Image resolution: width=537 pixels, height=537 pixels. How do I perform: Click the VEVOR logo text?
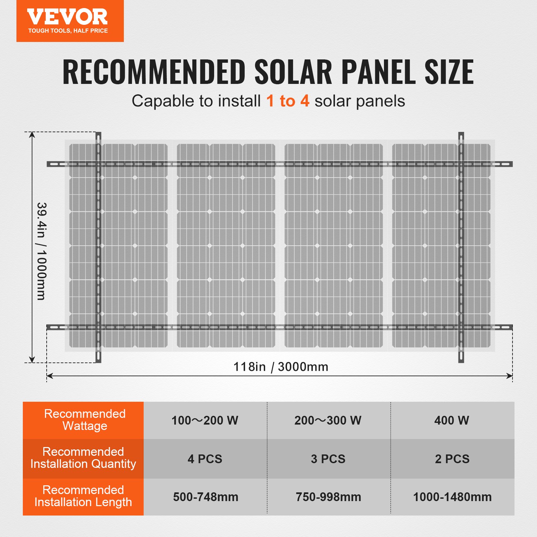tap(67, 17)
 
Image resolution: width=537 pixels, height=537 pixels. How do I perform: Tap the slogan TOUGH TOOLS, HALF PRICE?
tap(68, 31)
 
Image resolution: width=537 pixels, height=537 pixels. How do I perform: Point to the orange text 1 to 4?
tap(288, 101)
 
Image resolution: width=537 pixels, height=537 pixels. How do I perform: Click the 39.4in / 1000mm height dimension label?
tap(42, 251)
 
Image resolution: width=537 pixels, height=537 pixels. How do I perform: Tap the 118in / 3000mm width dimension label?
tap(281, 367)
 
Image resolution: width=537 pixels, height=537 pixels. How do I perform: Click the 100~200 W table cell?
tap(205, 421)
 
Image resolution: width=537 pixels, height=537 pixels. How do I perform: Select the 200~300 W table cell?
tap(328, 421)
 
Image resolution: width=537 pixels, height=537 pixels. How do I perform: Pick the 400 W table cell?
tap(452, 421)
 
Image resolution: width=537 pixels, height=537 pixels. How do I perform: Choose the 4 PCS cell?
tap(205, 459)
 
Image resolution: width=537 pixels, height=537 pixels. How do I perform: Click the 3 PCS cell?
tap(328, 459)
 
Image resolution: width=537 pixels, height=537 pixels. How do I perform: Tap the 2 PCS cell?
tap(452, 459)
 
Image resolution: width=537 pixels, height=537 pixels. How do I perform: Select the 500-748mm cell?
tap(205, 497)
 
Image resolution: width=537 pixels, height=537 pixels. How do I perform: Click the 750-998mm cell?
tap(328, 497)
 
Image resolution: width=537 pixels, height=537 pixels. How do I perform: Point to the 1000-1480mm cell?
tap(452, 497)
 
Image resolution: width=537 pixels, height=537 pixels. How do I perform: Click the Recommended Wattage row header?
tap(85, 420)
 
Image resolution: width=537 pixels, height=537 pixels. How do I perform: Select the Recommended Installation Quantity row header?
tap(83, 458)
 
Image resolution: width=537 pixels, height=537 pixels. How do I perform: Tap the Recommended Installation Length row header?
tap(83, 496)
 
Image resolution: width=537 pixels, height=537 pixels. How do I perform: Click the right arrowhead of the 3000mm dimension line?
tap(510, 376)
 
